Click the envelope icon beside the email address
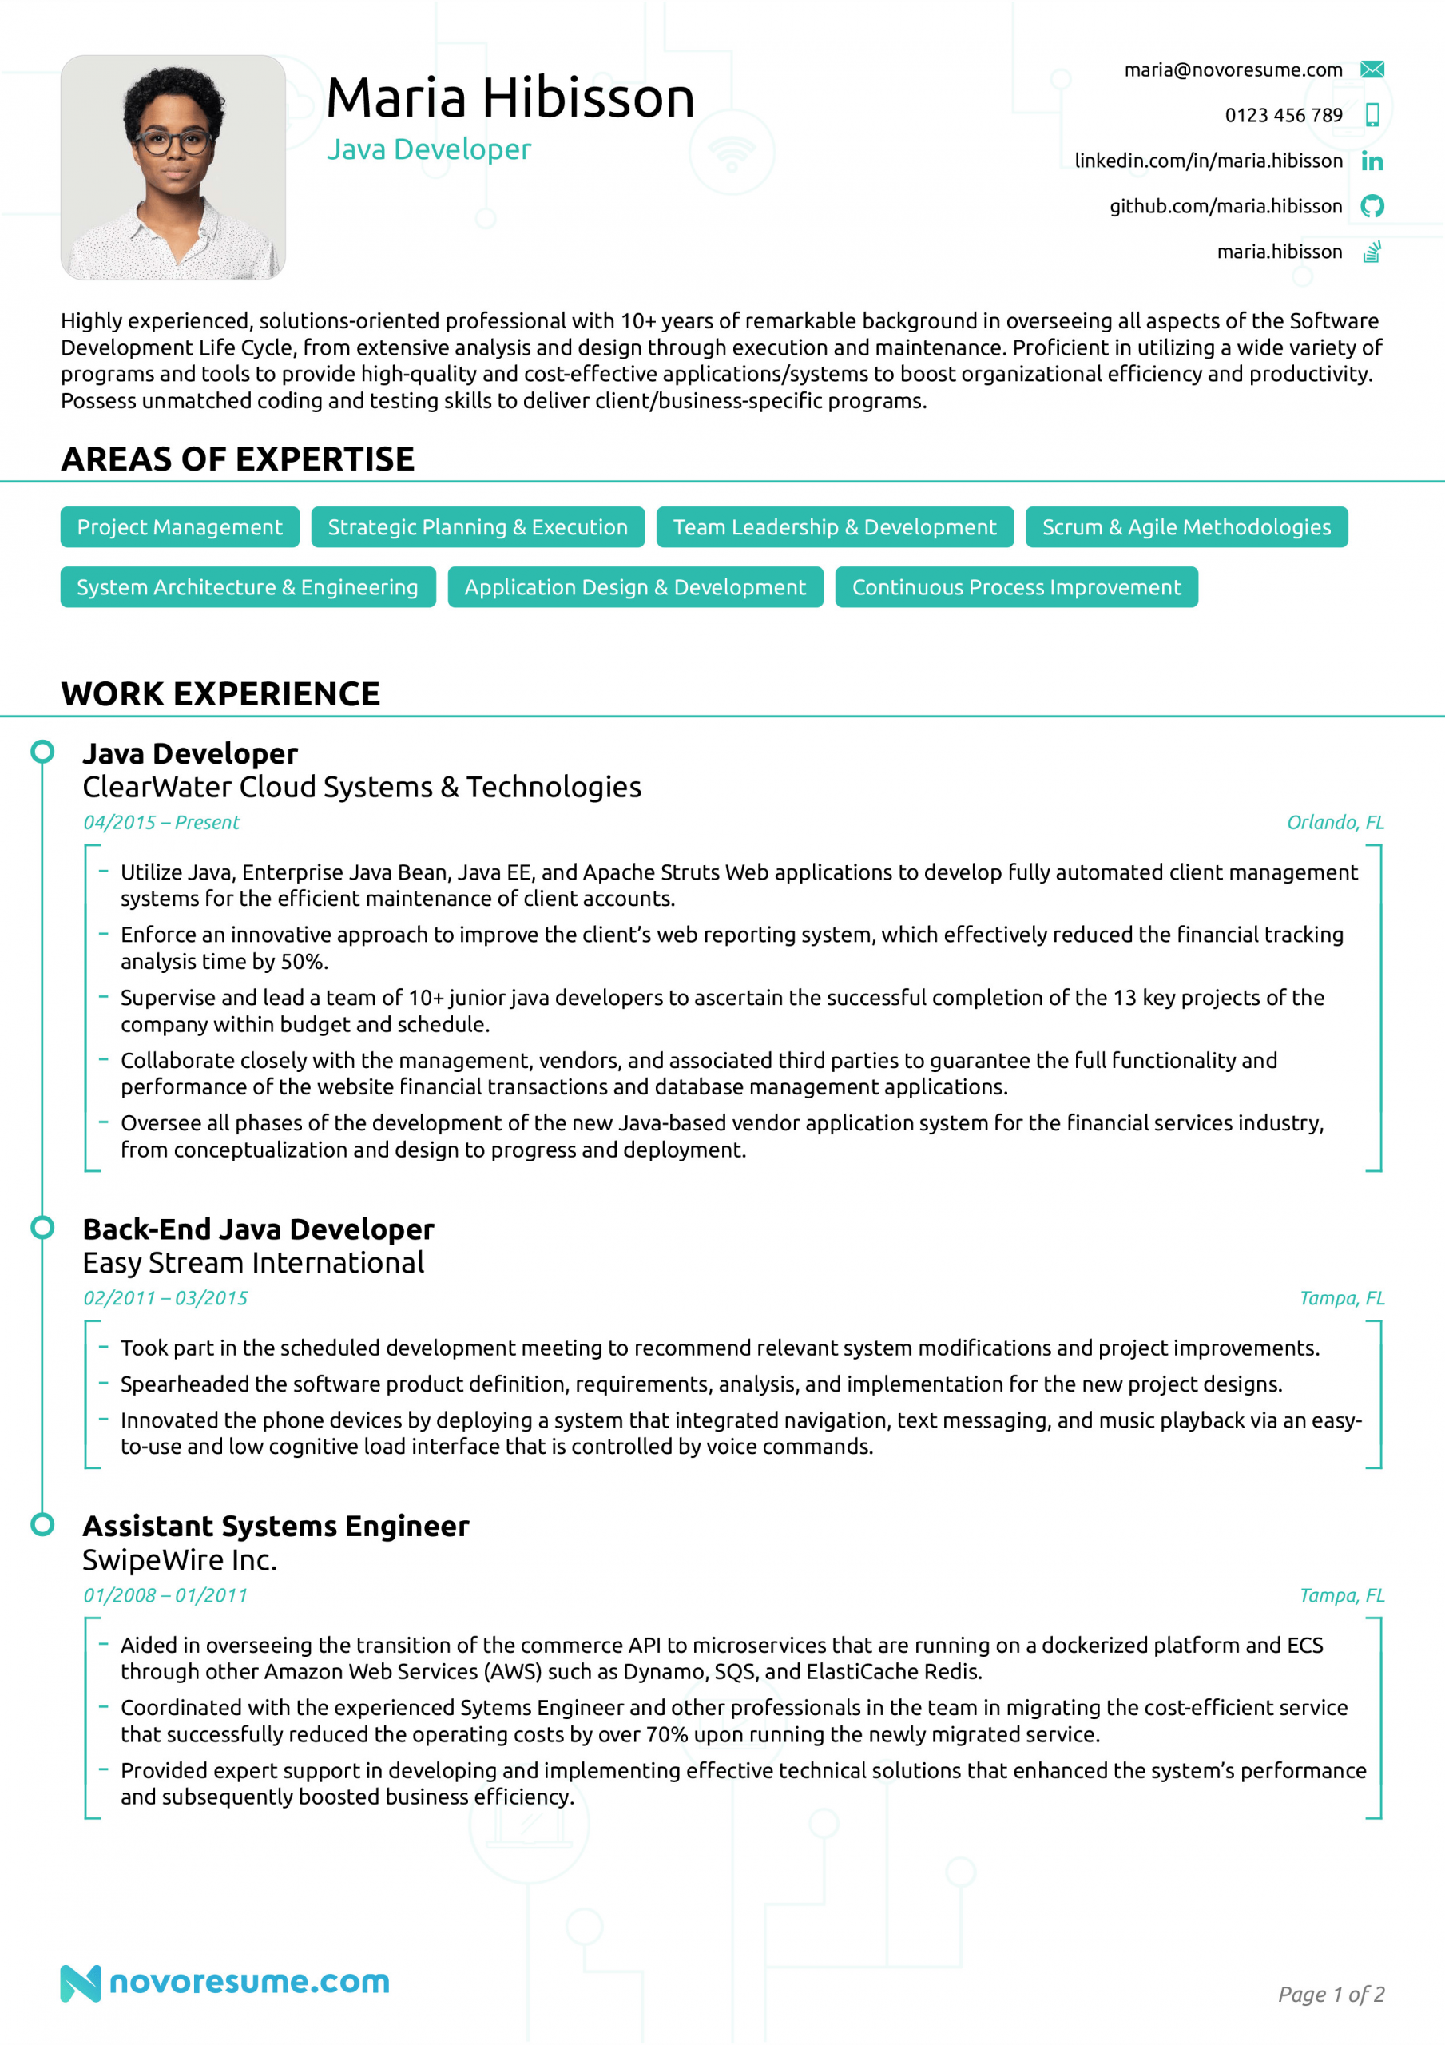click(x=1372, y=69)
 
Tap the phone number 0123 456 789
click(x=1283, y=115)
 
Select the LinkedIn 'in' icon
click(x=1372, y=161)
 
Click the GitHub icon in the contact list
click(x=1372, y=207)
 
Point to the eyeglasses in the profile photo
click(x=173, y=141)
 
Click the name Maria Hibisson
click(x=510, y=97)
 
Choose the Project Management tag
click(x=180, y=527)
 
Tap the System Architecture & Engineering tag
click(x=248, y=588)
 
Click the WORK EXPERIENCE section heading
click(x=221, y=694)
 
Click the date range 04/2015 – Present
click(x=161, y=822)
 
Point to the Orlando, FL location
click(x=1335, y=822)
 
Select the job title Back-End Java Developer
click(x=258, y=1229)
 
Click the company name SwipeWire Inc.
click(x=180, y=1559)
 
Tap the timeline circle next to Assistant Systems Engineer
click(x=42, y=1525)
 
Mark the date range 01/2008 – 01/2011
click(x=165, y=1595)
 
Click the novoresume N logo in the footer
click(x=80, y=1983)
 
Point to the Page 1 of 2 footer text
click(x=1331, y=1994)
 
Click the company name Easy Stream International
click(x=254, y=1263)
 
